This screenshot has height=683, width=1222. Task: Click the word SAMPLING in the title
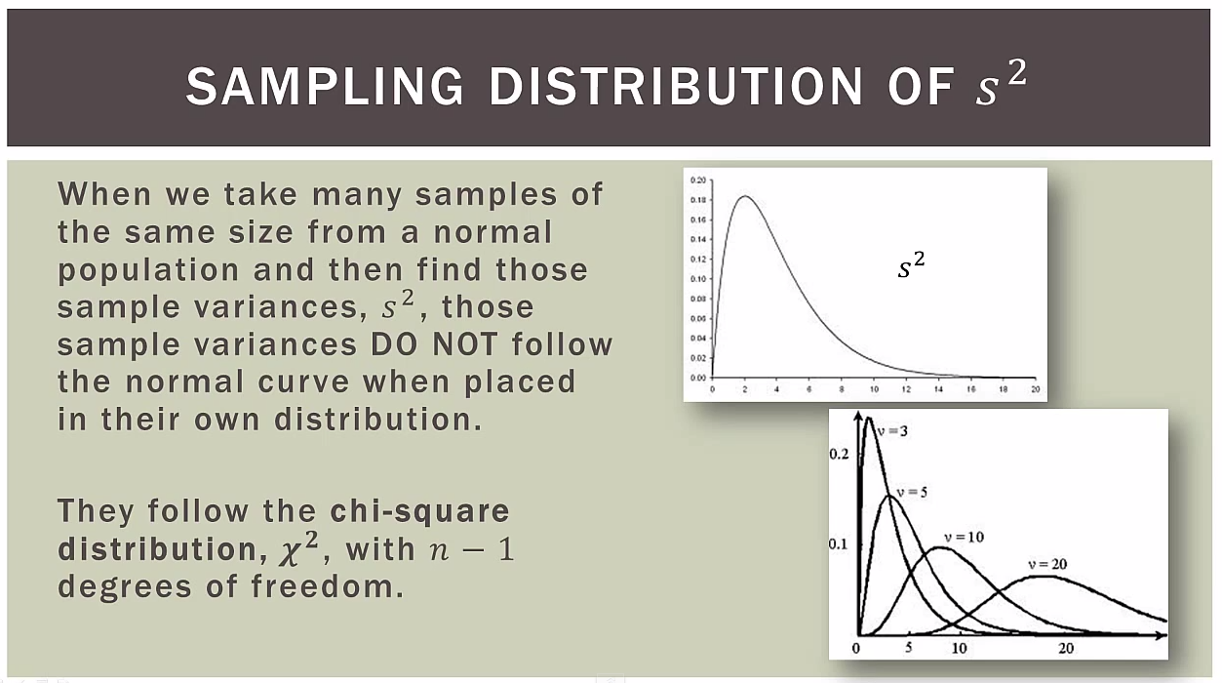(x=325, y=88)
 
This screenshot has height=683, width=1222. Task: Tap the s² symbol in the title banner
(x=1001, y=86)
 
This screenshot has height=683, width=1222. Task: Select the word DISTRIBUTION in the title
(x=675, y=88)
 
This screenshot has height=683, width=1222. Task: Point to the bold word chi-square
(x=420, y=510)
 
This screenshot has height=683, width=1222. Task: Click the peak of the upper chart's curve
(x=745, y=196)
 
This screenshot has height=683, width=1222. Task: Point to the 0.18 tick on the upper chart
(x=697, y=200)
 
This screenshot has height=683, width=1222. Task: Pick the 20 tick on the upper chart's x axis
(x=1035, y=389)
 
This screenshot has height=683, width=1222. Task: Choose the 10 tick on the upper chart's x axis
(x=874, y=389)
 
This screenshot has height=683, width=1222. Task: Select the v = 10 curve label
(x=963, y=538)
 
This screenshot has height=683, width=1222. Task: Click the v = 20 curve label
(x=1046, y=564)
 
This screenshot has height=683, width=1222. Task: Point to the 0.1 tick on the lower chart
(x=839, y=543)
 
